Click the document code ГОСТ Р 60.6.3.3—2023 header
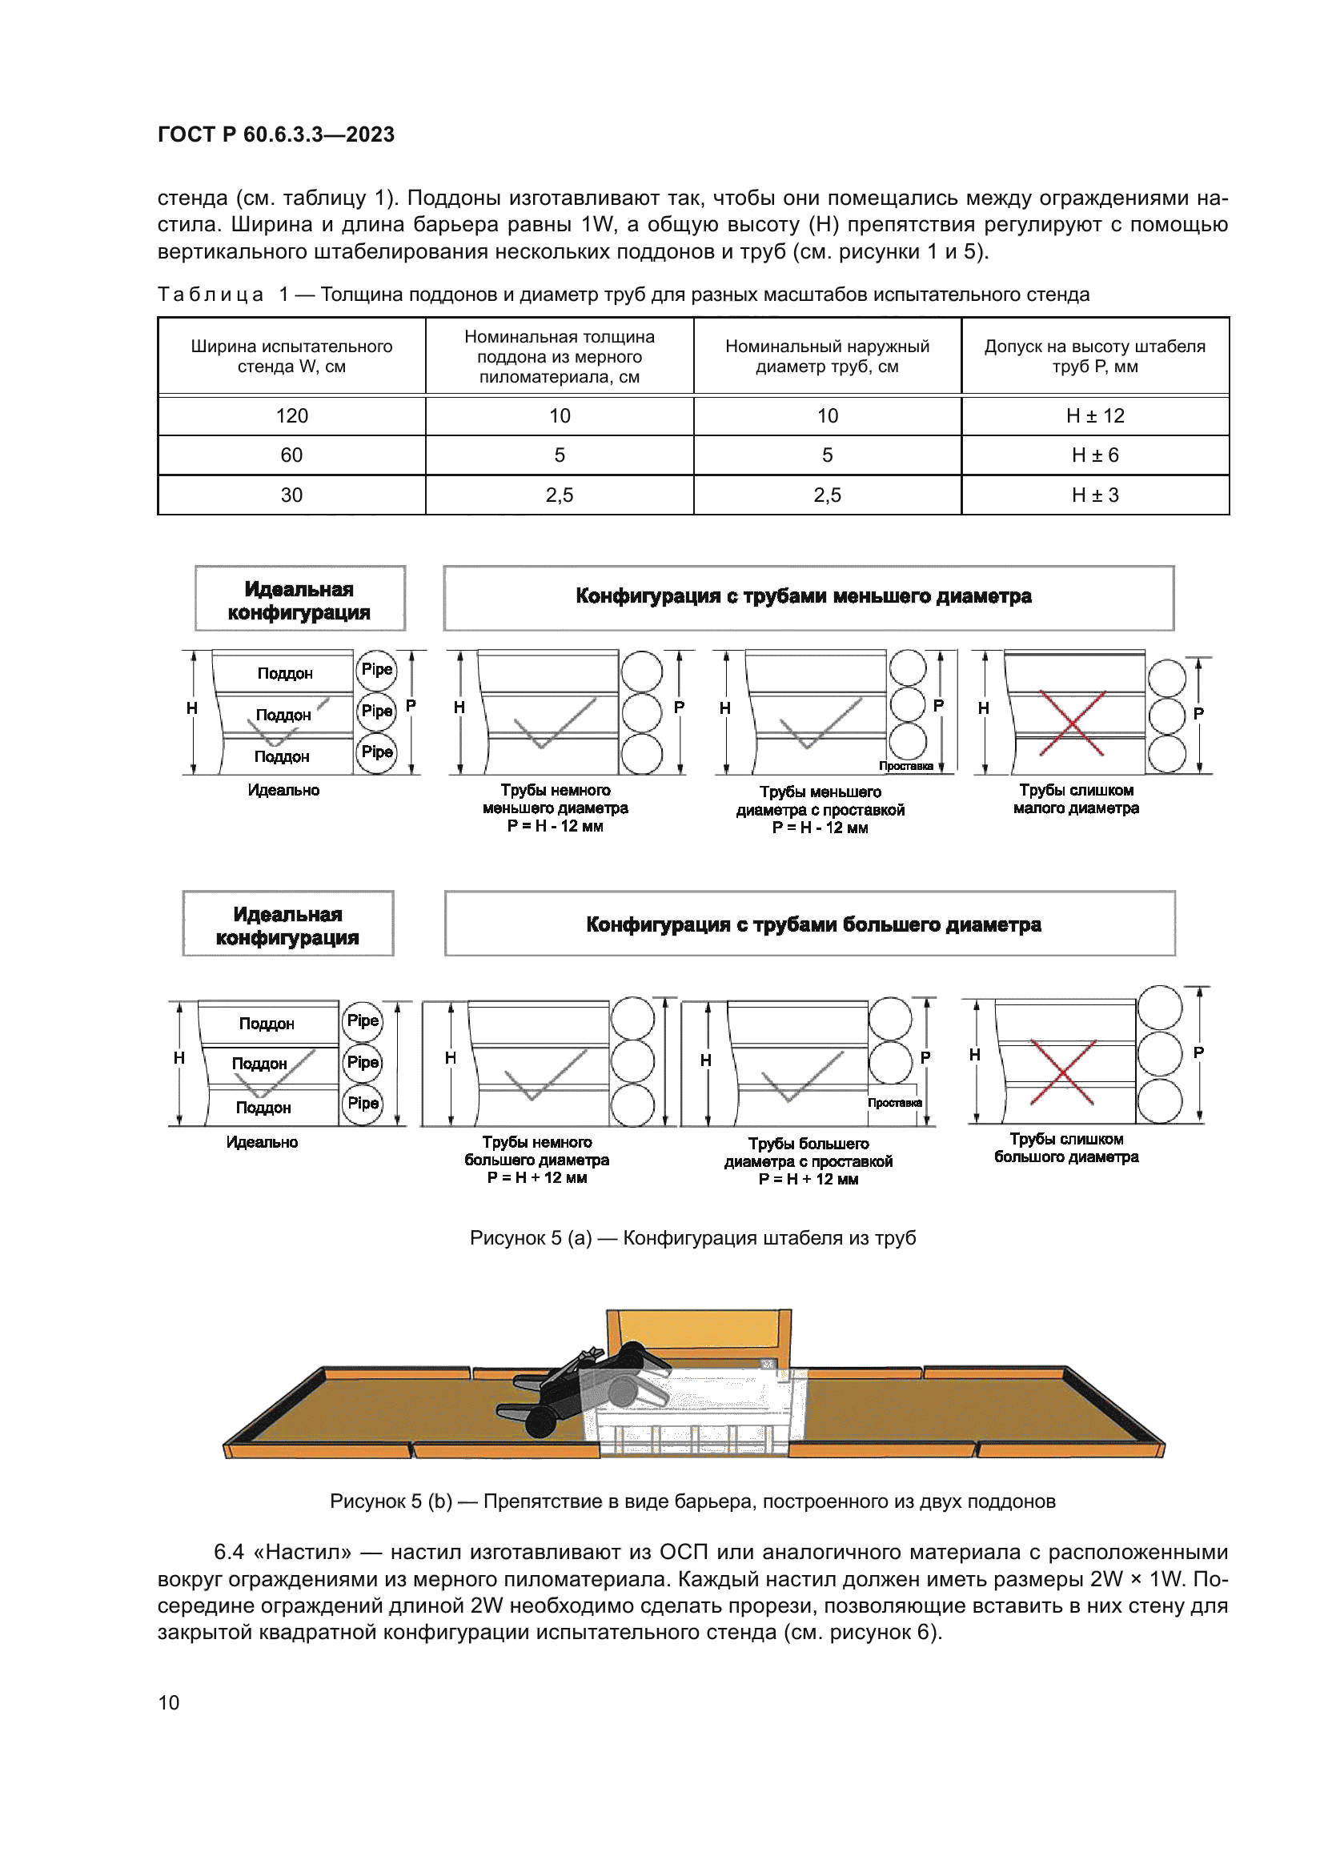coord(275,134)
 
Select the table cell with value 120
coord(291,416)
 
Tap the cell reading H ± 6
coord(1095,455)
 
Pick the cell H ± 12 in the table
coord(1095,416)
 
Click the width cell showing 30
coord(291,495)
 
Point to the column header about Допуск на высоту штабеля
coord(1095,356)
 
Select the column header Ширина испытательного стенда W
coord(291,356)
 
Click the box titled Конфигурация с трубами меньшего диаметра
coord(808,597)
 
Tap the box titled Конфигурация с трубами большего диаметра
coord(809,924)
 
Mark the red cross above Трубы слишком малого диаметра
coord(1072,723)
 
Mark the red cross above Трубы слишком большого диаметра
coord(1062,1072)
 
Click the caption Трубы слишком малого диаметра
coord(1075,799)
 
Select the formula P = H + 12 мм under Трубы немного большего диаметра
coord(537,1177)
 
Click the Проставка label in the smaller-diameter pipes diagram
coord(906,766)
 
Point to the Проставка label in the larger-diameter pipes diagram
coord(894,1102)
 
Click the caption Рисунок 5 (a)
coord(692,1237)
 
